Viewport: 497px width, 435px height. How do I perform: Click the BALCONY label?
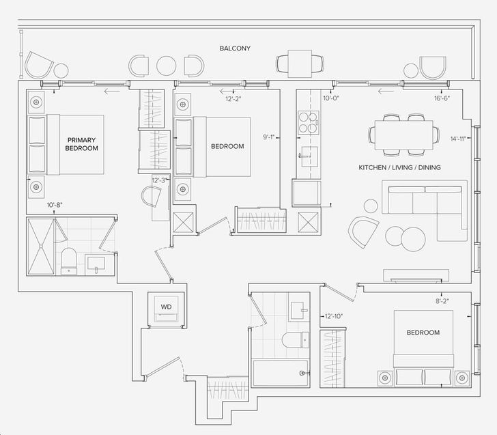(235, 48)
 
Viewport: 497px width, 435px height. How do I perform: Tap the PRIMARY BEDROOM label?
(82, 143)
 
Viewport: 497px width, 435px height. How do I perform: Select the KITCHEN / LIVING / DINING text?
(399, 167)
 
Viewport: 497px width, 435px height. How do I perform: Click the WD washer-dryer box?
(166, 308)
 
